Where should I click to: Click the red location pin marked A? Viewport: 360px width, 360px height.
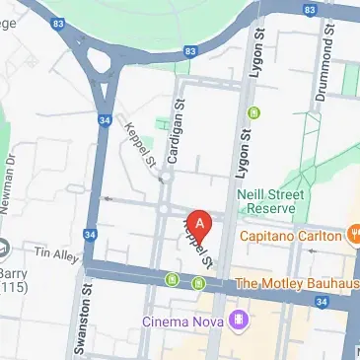(x=199, y=224)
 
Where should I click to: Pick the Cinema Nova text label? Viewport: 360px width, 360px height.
(x=182, y=321)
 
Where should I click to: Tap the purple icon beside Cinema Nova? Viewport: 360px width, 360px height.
(x=237, y=320)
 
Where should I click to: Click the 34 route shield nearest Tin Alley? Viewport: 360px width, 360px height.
(x=91, y=235)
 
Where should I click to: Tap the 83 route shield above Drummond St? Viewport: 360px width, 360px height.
(x=313, y=12)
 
